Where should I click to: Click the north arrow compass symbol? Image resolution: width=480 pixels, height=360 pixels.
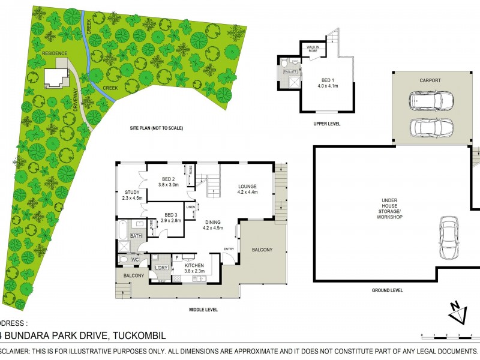coord(458,311)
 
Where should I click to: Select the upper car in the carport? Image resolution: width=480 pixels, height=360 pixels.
coord(431,100)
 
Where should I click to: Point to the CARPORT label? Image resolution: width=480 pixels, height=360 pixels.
coord(430,80)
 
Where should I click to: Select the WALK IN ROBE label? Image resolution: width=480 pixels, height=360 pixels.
coord(316,48)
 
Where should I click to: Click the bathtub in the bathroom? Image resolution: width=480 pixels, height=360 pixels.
coord(122,230)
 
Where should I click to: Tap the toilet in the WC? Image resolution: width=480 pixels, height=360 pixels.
coord(123,259)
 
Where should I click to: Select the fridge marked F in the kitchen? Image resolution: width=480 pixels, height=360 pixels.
coord(178,259)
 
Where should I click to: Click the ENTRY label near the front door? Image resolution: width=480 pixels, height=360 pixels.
coord(229,248)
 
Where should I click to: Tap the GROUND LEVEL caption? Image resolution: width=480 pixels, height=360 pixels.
coord(388,290)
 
